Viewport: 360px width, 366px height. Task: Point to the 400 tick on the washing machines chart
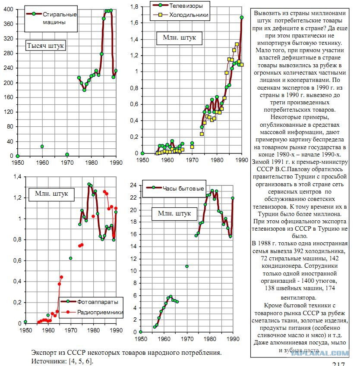pyautogui.click(x=8, y=9)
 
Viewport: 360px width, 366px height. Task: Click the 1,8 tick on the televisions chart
pyautogui.click(x=134, y=7)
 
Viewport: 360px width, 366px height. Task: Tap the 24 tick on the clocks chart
pyautogui.click(x=133, y=185)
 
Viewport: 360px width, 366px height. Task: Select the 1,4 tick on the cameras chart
pyautogui.click(x=17, y=177)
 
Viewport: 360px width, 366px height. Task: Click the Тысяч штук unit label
pyautogui.click(x=45, y=46)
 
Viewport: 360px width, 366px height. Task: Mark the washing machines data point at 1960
pyautogui.click(x=42, y=146)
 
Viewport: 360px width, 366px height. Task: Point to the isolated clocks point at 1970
pyautogui.click(x=187, y=266)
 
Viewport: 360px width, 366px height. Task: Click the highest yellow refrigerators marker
pyautogui.click(x=237, y=44)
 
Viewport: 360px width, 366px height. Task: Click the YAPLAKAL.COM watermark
pyautogui.click(x=320, y=353)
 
